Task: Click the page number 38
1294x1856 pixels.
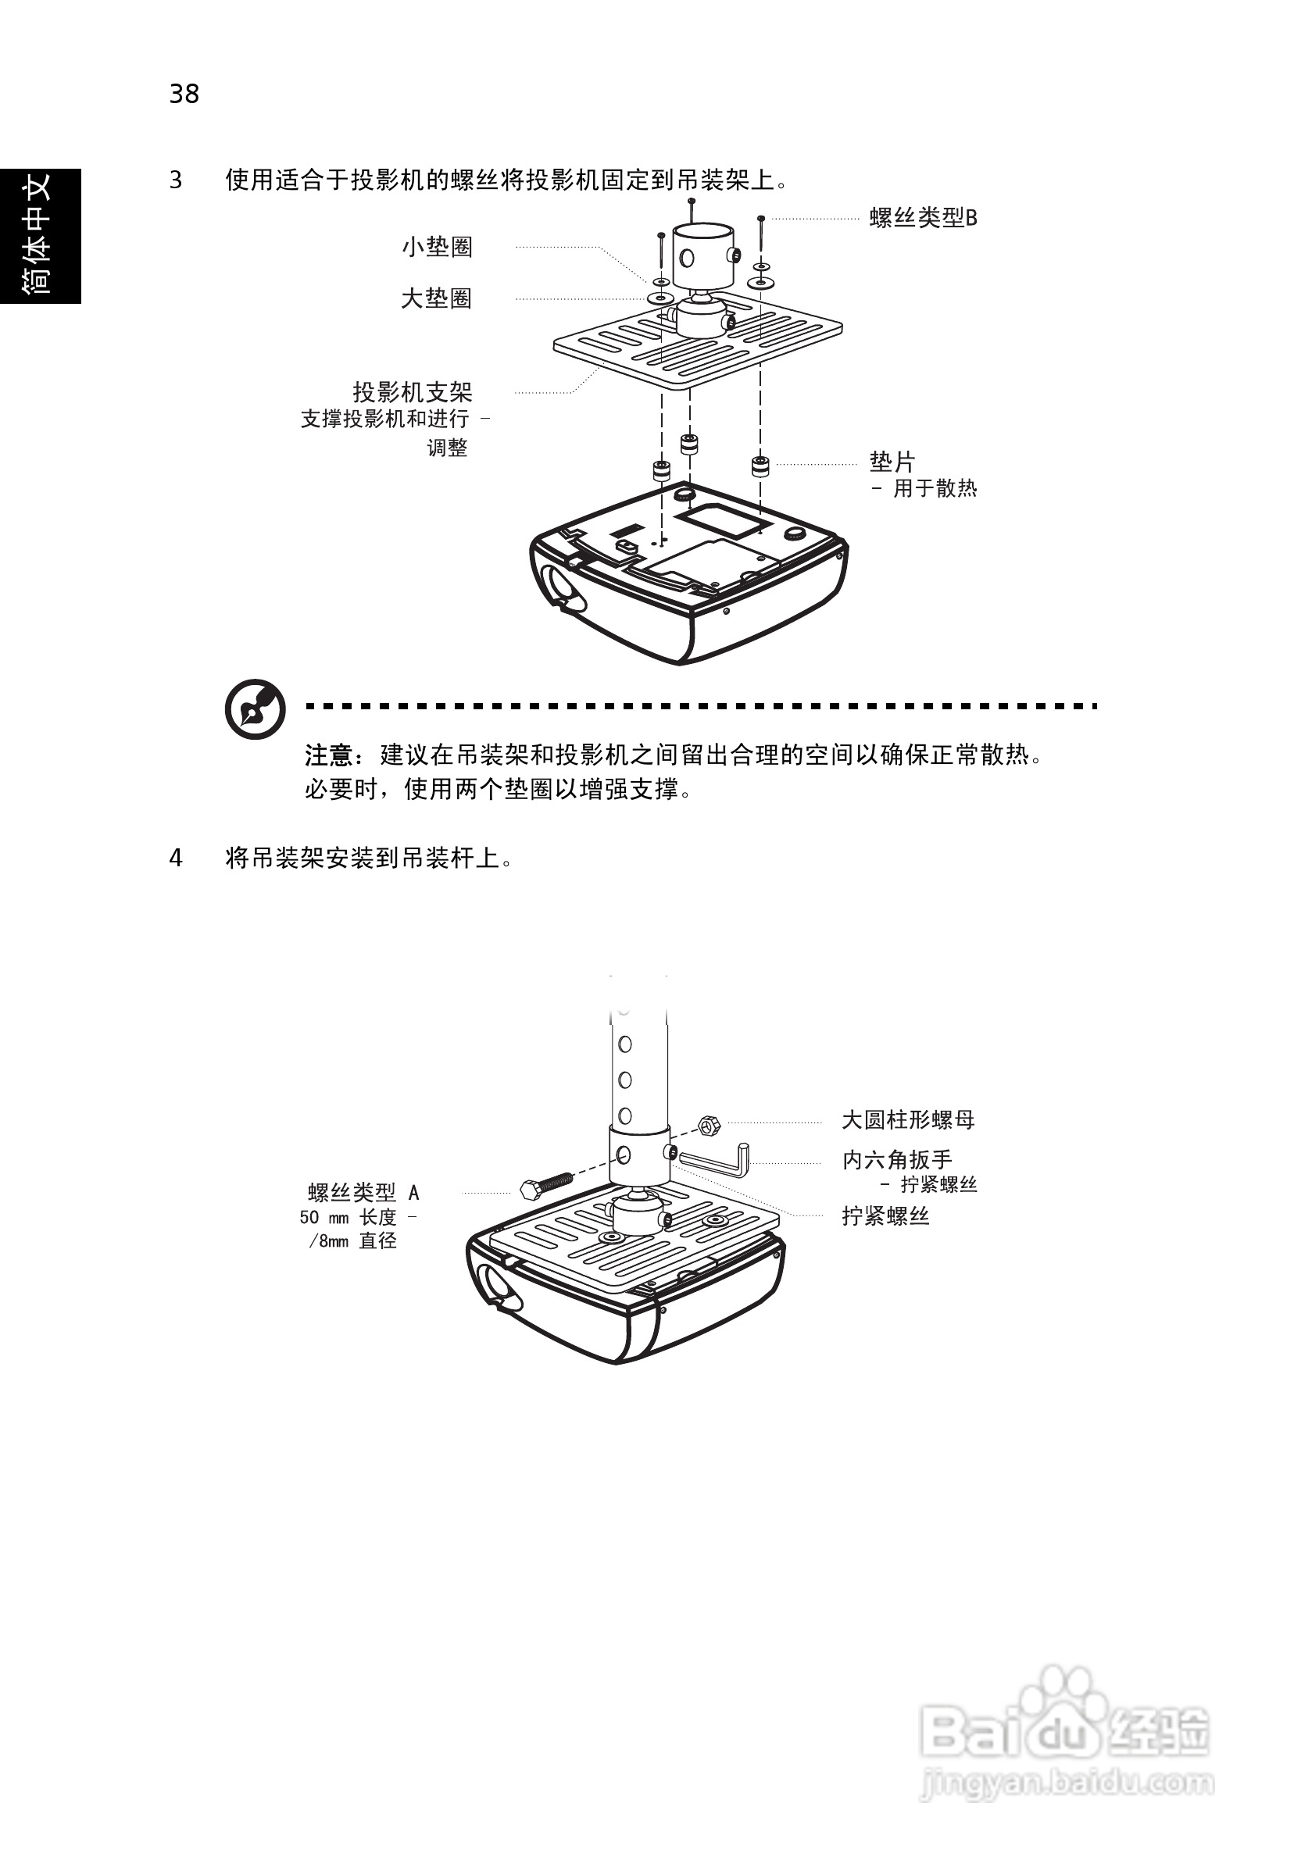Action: tap(184, 94)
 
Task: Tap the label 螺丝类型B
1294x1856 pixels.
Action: tap(923, 217)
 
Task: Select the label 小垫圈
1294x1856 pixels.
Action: tap(437, 247)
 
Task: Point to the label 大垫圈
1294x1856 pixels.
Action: tap(436, 298)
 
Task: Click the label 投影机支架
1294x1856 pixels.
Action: tap(412, 392)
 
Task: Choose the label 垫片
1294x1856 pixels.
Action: tap(892, 462)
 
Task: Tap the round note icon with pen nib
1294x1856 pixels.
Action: tap(255, 709)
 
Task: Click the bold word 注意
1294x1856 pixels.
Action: tap(328, 755)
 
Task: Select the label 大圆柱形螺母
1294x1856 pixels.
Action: tap(907, 1119)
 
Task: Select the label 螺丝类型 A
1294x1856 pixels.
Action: tap(363, 1191)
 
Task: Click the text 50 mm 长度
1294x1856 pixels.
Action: tap(349, 1216)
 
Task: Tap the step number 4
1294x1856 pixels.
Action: tap(176, 858)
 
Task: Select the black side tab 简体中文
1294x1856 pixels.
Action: tap(40, 235)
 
